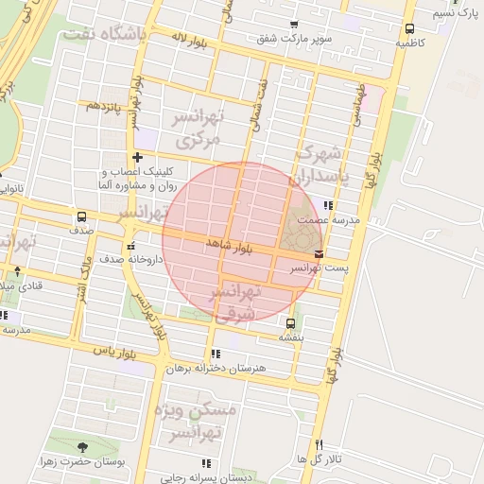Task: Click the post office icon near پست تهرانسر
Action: [319, 253]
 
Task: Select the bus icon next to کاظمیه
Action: [408, 28]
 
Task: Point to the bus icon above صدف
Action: [81, 216]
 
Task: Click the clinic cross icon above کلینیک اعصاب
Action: [138, 157]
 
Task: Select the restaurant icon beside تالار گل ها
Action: [319, 444]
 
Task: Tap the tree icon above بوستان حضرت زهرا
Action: [81, 446]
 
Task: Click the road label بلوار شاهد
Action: [233, 248]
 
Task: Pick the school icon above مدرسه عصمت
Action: [328, 204]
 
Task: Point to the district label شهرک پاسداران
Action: [317, 164]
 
